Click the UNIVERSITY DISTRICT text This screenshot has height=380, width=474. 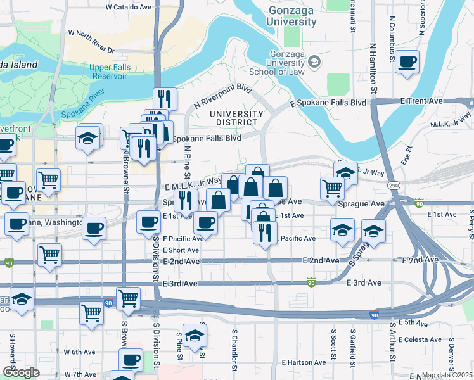[236, 117]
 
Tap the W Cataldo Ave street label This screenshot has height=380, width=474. [129, 7]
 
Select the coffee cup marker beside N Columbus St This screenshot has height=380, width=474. [408, 63]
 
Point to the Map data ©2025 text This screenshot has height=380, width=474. [447, 375]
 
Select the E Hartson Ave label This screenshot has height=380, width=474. [301, 363]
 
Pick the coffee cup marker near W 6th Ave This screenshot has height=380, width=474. [131, 360]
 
